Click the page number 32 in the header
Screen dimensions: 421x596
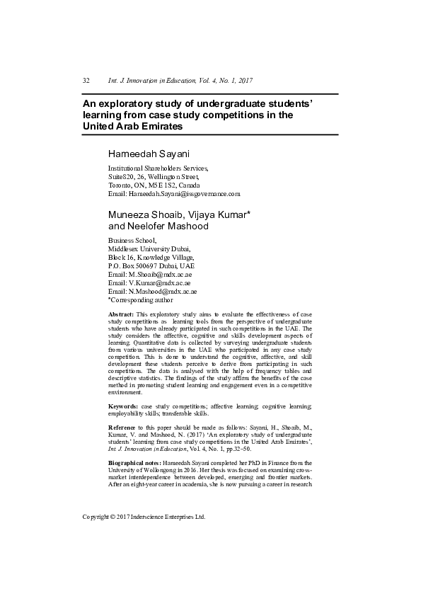pos(86,81)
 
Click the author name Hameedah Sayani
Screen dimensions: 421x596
pos(145,154)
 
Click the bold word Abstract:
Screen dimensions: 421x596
pos(120,314)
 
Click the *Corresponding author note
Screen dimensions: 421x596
pos(141,299)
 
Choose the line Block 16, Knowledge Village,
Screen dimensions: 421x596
pos(150,258)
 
